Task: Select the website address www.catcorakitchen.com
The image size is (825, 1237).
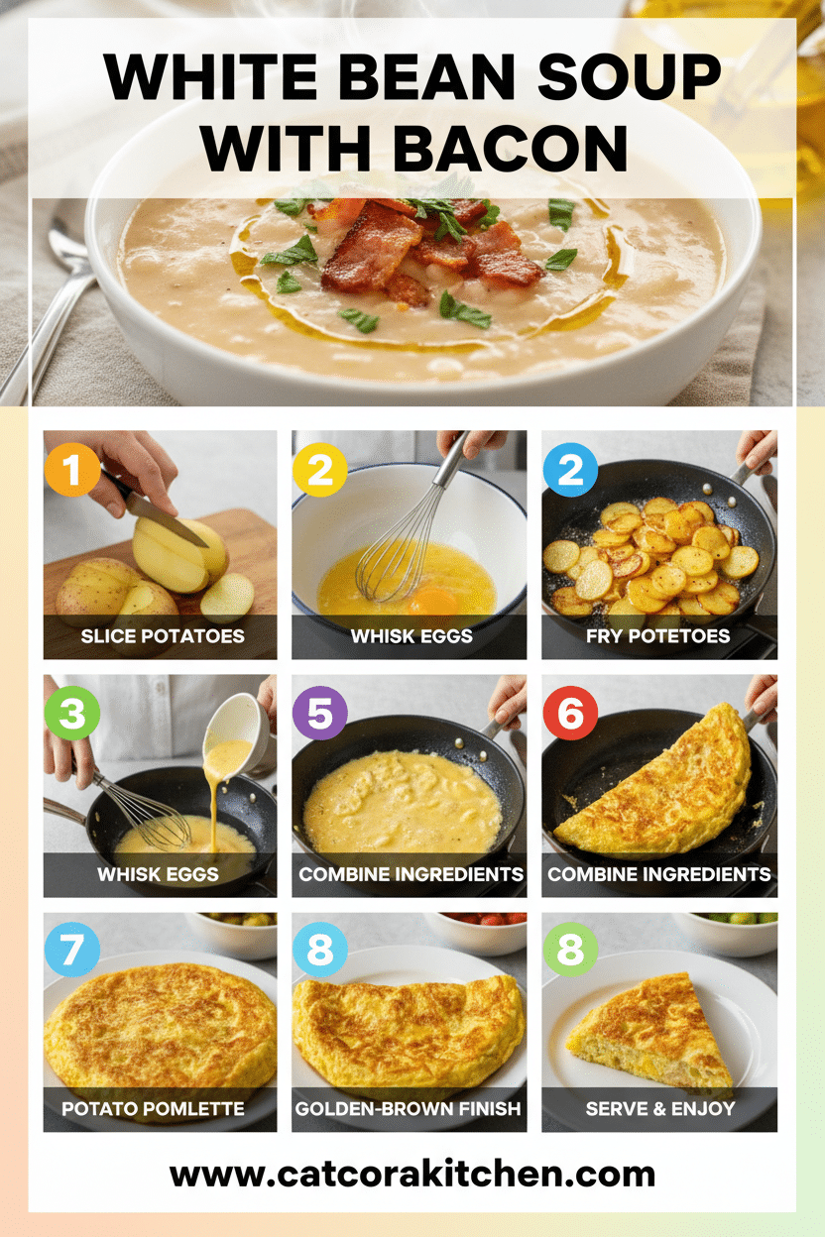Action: pos(412,1174)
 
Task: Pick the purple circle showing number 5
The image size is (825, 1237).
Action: pos(320,713)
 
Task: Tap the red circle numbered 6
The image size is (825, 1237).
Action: pos(570,713)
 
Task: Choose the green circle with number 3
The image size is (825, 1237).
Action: pos(72,713)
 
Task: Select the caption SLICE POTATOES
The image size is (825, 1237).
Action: pos(160,635)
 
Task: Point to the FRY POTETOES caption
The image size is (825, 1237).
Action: pos(658,635)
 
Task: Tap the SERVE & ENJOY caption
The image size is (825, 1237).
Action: pos(658,1108)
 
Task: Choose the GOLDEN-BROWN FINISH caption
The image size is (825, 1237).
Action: pos(409,1108)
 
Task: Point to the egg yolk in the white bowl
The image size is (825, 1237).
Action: pos(434,600)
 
